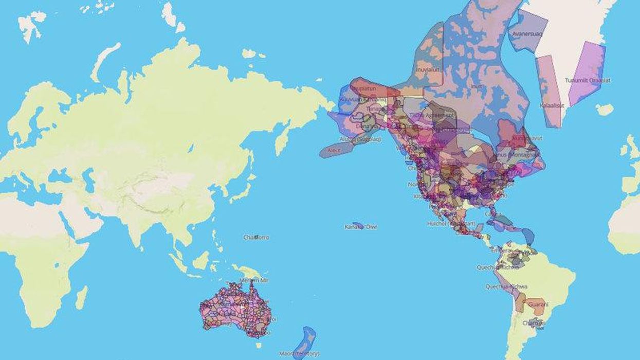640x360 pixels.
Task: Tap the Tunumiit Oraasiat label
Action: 588,80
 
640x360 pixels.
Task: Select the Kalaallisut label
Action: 552,105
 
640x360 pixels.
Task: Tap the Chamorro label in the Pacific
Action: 256,237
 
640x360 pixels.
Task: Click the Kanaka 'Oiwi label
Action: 361,226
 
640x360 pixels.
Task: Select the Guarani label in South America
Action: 538,304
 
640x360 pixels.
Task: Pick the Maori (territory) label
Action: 299,353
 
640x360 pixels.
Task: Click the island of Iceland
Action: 605,110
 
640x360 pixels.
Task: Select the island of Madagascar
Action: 81,298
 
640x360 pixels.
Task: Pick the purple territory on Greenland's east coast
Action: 587,72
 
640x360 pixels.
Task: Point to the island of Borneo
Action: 201,260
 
